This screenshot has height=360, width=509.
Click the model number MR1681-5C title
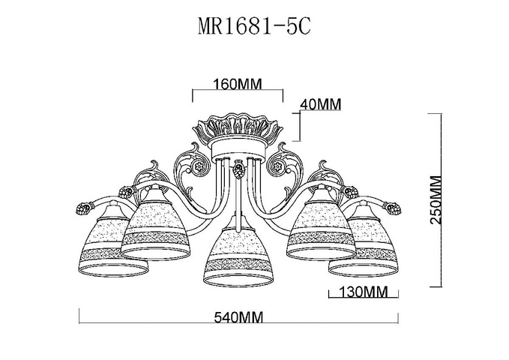[x=254, y=26]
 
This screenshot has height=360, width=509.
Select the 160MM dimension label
[x=238, y=84]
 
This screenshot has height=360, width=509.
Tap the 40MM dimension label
[x=321, y=104]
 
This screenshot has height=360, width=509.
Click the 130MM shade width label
[x=364, y=292]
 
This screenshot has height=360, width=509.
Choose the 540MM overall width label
[x=238, y=316]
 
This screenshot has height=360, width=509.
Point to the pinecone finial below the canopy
[x=239, y=169]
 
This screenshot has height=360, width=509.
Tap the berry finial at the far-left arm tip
[x=84, y=208]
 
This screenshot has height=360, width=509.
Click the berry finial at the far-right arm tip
[x=393, y=208]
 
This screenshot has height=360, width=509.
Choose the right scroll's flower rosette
[x=277, y=167]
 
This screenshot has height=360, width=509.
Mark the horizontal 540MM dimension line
[x=238, y=323]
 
